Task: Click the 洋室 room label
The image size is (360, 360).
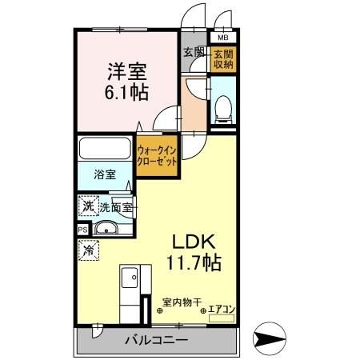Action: [x=127, y=69]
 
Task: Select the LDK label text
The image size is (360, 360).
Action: [x=189, y=242]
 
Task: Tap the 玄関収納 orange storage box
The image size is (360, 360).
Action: [x=222, y=58]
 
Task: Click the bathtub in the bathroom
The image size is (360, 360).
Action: [x=106, y=149]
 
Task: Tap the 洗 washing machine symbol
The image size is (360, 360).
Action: [x=87, y=206]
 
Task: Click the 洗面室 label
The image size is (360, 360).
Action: [x=116, y=207]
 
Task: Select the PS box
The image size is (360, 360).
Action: [x=83, y=230]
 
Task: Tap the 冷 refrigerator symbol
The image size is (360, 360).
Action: [x=87, y=250]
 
